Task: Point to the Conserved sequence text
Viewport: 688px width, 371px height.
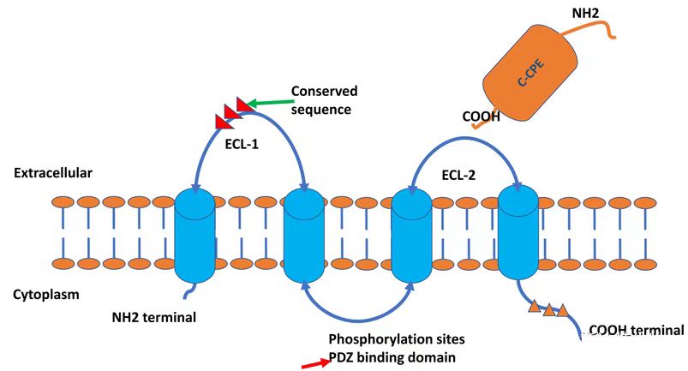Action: click(324, 99)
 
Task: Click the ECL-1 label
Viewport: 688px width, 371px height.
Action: click(242, 144)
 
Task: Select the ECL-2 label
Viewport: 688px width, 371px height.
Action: click(461, 177)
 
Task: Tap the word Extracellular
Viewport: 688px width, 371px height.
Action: click(53, 173)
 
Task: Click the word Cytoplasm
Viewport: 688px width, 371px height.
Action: click(46, 295)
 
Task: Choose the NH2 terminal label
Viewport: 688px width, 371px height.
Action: click(154, 317)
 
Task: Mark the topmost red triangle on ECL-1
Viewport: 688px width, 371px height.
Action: click(243, 104)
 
